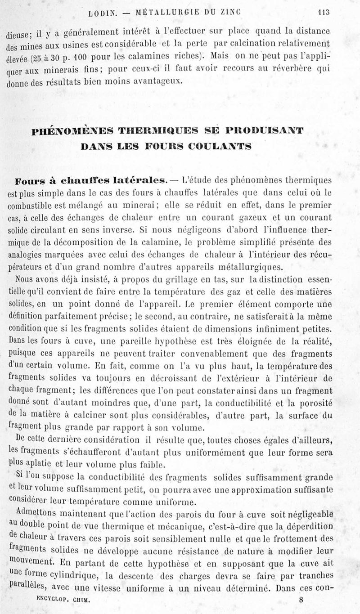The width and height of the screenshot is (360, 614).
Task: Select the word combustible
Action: (x=27, y=206)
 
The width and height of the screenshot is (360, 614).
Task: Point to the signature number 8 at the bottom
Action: (x=301, y=600)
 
